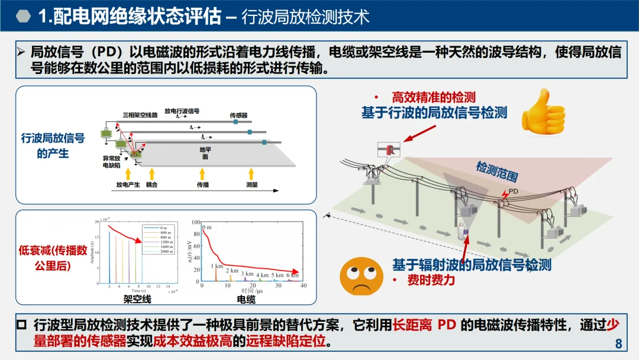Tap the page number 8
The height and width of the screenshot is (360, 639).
pos(619,344)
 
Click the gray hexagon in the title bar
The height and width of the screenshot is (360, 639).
pos(22,16)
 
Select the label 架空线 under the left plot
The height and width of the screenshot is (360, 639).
pos(137,299)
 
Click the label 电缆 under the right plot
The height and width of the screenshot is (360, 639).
pos(246,299)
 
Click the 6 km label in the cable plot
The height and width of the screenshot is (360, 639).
pos(292,275)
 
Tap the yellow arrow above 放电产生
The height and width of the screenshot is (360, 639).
pos(127,173)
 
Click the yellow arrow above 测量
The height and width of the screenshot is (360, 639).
pos(252,173)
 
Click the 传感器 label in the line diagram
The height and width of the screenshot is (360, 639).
pos(238,115)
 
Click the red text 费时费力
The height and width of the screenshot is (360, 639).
pos(431,280)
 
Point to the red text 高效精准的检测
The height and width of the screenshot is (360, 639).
pos(434,98)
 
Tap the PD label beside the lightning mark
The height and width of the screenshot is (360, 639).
pos(514,191)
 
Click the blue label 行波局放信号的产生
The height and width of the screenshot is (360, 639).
pos(53,146)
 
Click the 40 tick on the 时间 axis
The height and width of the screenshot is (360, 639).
pos(303,285)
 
